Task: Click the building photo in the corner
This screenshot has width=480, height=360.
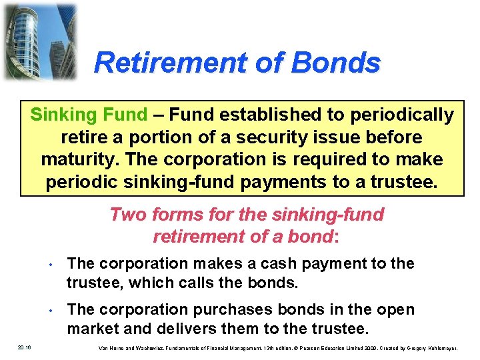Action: click(39, 41)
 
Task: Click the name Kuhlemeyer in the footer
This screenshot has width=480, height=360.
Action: click(452, 347)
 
